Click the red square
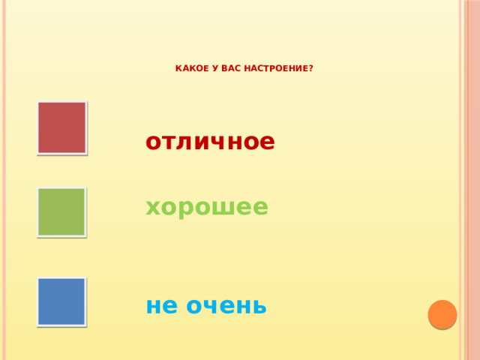pyautogui.click(x=62, y=127)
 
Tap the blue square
pyautogui.click(x=61, y=301)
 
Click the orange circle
pyautogui.click(x=442, y=315)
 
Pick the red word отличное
pyautogui.click(x=210, y=141)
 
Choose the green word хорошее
pyautogui.click(x=207, y=206)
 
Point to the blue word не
pyautogui.click(x=159, y=305)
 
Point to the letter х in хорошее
pyautogui.click(x=153, y=207)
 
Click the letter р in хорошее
pyautogui.click(x=187, y=208)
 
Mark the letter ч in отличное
pyautogui.click(x=212, y=142)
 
